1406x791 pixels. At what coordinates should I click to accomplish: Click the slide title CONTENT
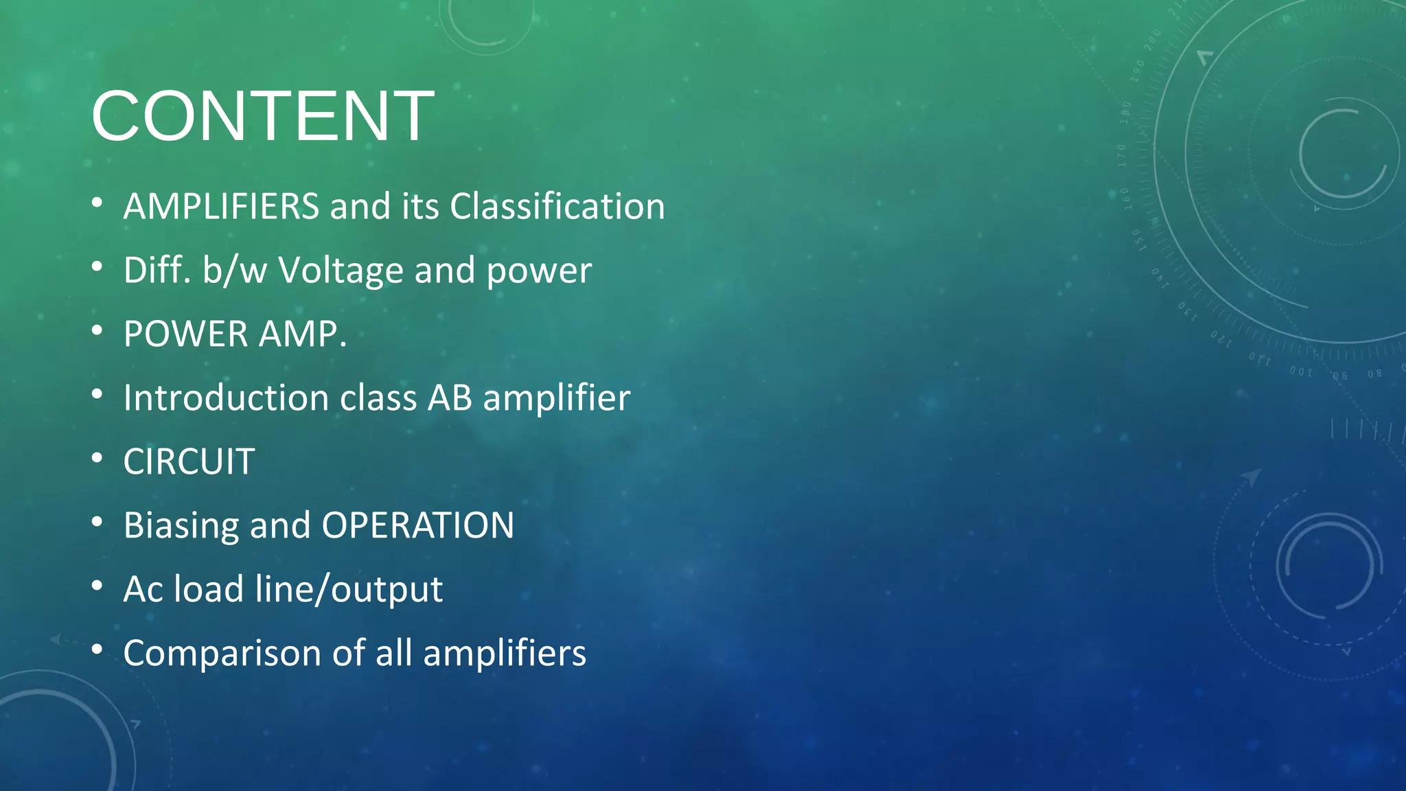coord(262,116)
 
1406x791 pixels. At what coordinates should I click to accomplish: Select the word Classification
coord(557,206)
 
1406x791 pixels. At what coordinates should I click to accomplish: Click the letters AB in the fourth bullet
coord(450,398)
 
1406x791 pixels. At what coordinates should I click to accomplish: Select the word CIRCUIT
coord(189,461)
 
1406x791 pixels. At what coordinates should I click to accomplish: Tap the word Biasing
coord(181,525)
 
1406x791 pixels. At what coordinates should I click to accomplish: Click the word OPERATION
coord(418,525)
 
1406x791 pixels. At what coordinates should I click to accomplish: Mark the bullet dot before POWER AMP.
coord(97,330)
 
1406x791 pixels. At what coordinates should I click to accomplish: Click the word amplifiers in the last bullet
coord(505,653)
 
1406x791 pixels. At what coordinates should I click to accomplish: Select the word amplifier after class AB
coord(556,398)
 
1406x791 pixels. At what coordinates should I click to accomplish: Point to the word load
coord(209,589)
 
